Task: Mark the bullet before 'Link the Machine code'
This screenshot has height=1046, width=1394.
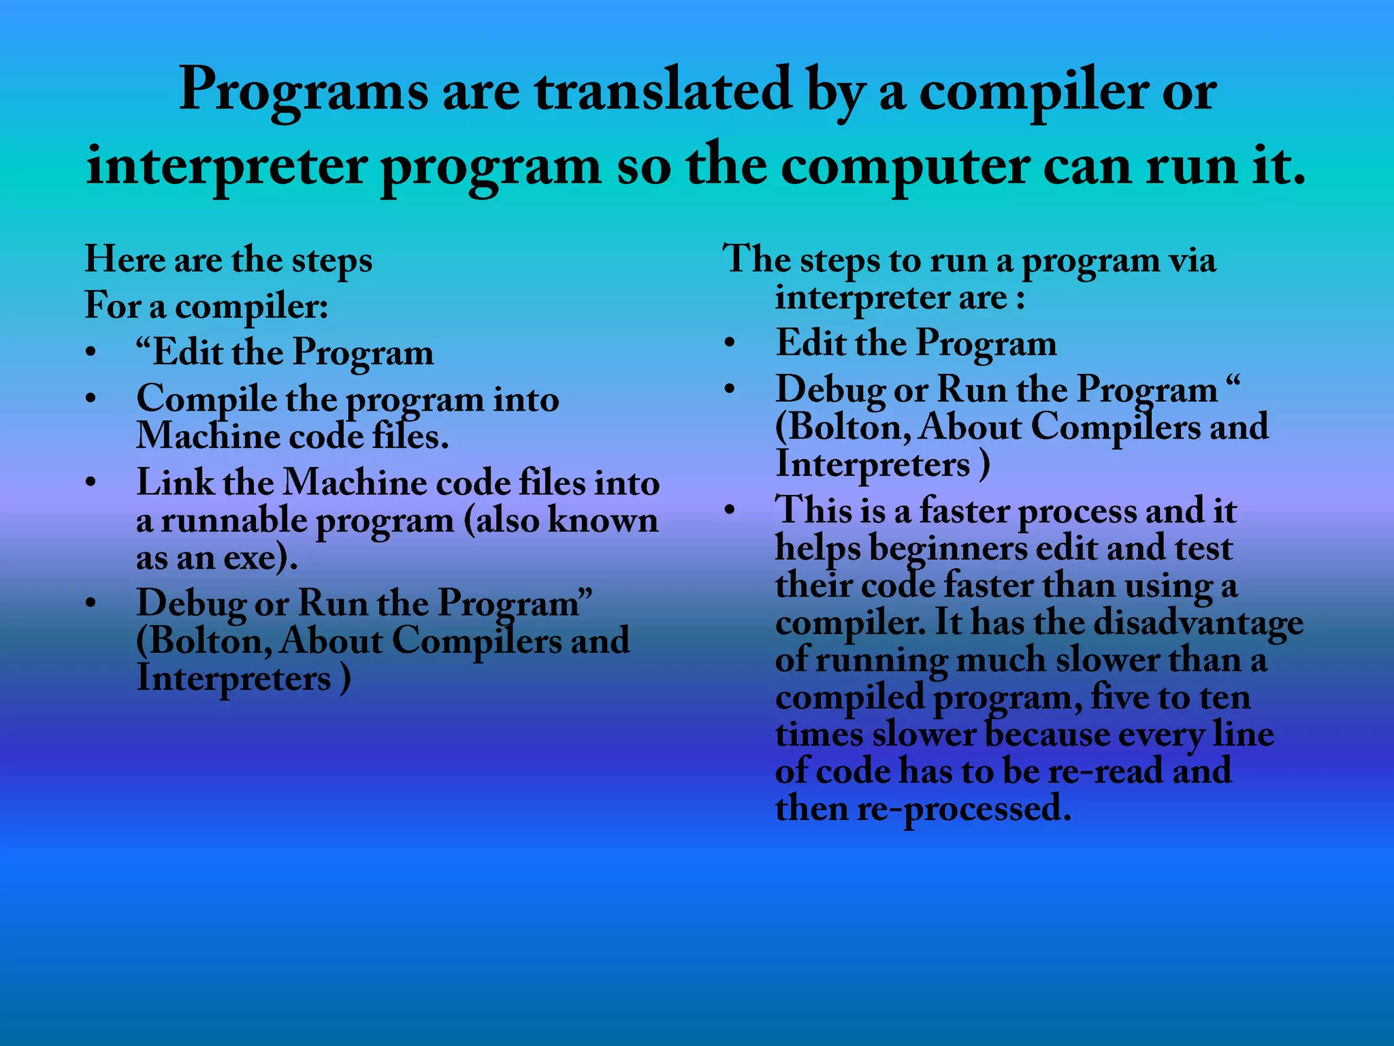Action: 91,483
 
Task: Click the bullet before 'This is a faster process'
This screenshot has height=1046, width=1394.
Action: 730,510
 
